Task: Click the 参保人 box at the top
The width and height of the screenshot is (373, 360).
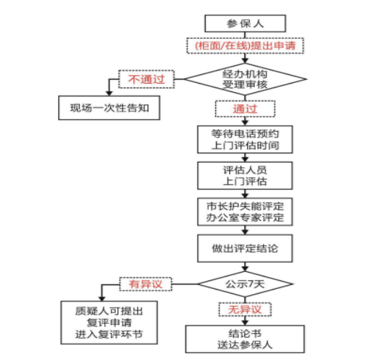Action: click(245, 24)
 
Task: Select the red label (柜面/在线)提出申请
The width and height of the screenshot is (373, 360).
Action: click(245, 45)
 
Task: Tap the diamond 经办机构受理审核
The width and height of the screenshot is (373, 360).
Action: click(245, 79)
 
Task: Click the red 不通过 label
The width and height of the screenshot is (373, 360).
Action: click(146, 79)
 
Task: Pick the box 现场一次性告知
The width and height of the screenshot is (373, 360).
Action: click(109, 108)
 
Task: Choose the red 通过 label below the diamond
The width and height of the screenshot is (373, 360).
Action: click(245, 109)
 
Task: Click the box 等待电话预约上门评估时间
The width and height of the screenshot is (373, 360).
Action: click(245, 140)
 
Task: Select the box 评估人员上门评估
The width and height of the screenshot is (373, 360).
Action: click(245, 176)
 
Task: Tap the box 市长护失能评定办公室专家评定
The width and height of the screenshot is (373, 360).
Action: click(245, 212)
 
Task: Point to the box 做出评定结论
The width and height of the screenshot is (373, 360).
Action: click(245, 249)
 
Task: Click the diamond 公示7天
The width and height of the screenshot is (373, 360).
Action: click(245, 284)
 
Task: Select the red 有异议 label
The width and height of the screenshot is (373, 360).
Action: click(146, 284)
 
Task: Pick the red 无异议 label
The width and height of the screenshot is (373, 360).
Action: click(245, 309)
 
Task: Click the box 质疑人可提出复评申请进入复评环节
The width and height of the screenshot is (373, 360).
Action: click(109, 322)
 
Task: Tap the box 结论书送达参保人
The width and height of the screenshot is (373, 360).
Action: click(245, 339)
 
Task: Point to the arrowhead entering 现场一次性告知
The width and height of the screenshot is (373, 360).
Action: click(109, 93)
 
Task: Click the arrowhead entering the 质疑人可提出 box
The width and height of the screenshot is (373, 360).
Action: click(101, 298)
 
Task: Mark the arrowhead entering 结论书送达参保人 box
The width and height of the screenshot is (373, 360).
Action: click(245, 322)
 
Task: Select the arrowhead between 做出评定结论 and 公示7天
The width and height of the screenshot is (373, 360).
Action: click(245, 269)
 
